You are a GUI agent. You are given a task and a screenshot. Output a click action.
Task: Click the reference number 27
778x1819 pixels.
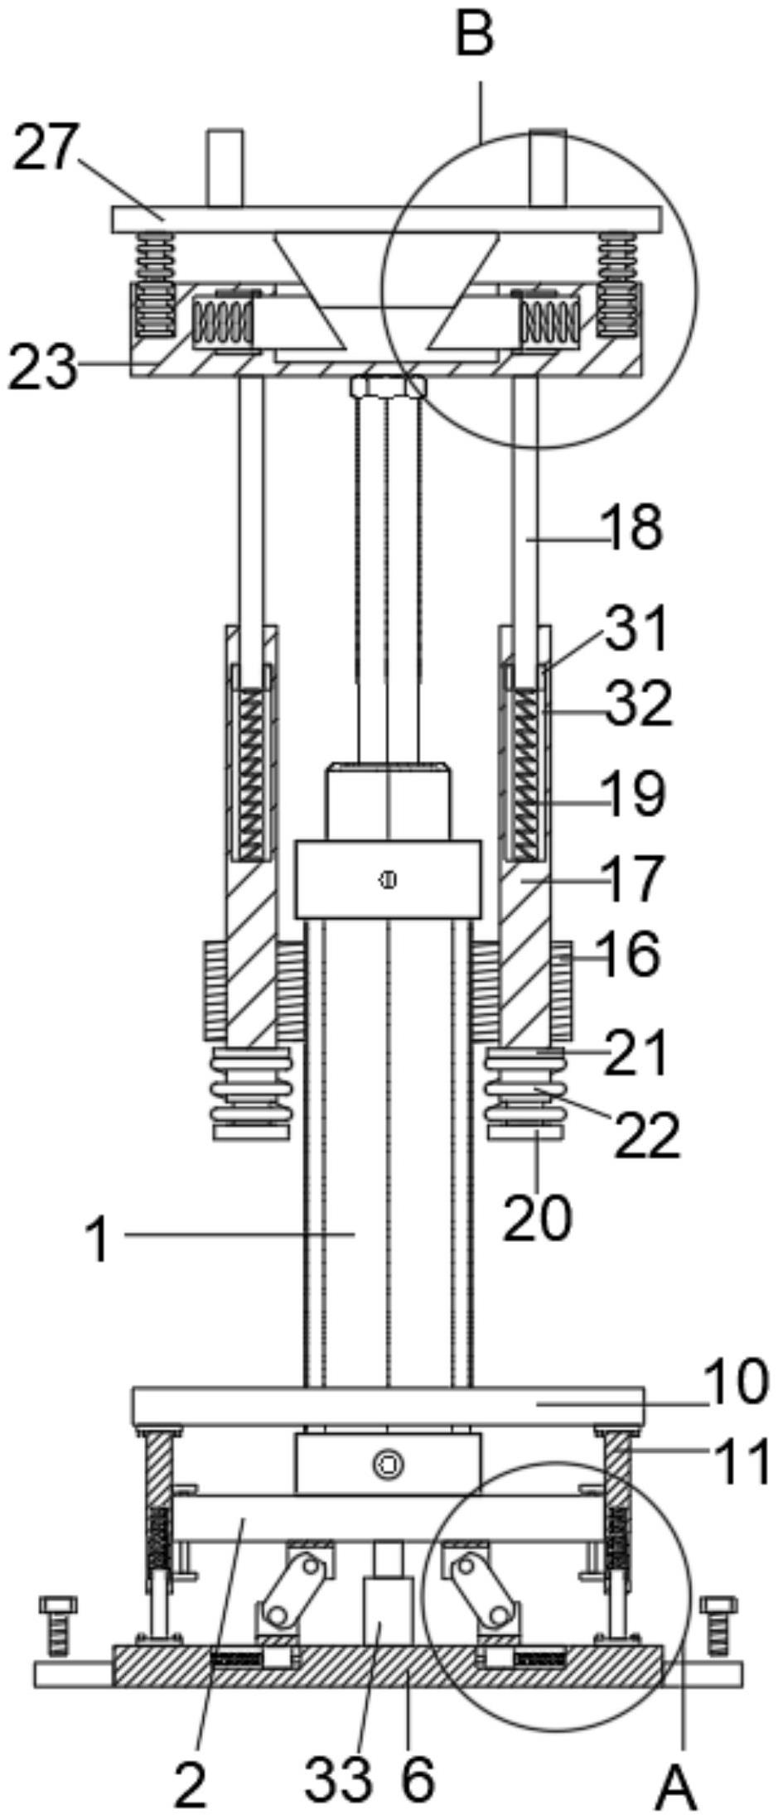coord(46,147)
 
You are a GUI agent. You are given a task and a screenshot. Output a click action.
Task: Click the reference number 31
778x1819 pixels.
coord(636,628)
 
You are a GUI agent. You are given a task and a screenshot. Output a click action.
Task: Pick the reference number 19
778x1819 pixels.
coord(635,794)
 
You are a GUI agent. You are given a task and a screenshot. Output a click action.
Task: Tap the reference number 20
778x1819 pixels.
coord(538,1216)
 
